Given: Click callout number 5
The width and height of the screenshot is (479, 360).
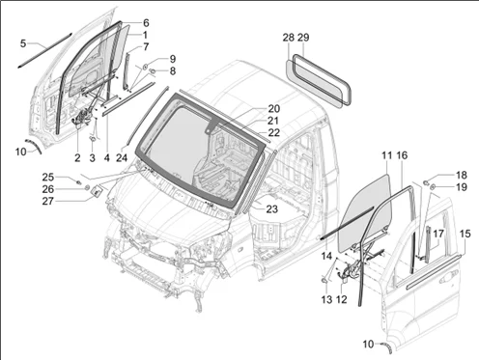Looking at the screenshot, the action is pyautogui.click(x=23, y=43).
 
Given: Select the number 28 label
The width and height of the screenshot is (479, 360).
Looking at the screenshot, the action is pyautogui.click(x=289, y=38).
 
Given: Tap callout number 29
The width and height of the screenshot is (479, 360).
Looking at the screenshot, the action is pyautogui.click(x=303, y=38).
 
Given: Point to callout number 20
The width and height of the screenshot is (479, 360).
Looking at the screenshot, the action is pyautogui.click(x=273, y=109).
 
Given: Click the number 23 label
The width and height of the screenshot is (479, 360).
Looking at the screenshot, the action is pyautogui.click(x=271, y=209).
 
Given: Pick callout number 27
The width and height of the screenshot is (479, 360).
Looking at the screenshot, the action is pyautogui.click(x=48, y=202).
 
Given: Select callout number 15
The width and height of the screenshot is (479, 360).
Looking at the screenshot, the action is pyautogui.click(x=465, y=234).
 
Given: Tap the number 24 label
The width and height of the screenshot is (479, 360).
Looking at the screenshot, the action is pyautogui.click(x=122, y=157).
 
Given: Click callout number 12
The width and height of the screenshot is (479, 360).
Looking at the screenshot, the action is pyautogui.click(x=342, y=299).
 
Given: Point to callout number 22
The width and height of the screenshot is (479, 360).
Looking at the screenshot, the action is pyautogui.click(x=273, y=132).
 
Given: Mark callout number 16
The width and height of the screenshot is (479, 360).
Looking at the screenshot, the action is pyautogui.click(x=402, y=155).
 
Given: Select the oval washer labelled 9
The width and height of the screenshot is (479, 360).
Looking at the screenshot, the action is pyautogui.click(x=145, y=67).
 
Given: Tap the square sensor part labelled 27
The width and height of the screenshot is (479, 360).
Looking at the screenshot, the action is pyautogui.click(x=97, y=191).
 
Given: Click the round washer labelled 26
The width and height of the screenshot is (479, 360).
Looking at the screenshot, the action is pyautogui.click(x=87, y=187).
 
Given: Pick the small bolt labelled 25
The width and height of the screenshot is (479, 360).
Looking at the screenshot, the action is pyautogui.click(x=78, y=182).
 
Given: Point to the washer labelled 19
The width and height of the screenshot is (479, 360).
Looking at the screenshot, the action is pyautogui.click(x=433, y=186).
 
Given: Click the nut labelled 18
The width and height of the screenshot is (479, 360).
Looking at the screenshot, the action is pyautogui.click(x=426, y=183).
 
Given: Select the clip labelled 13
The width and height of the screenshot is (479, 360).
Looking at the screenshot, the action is pyautogui.click(x=324, y=281).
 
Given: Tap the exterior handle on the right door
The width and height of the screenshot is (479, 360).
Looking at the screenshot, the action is pyautogui.click(x=448, y=277).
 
